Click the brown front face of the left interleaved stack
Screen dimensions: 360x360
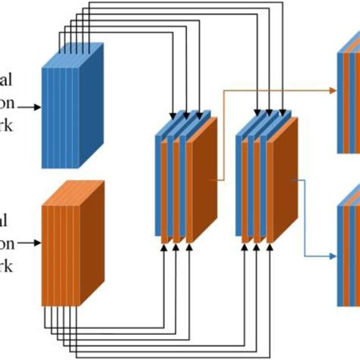[x=201, y=182]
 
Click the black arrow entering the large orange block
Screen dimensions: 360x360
[x=30, y=243]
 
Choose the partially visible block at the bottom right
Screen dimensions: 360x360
[x=348, y=243]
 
